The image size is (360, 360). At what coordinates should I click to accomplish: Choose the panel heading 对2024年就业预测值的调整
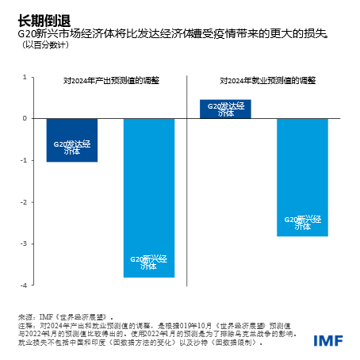268,80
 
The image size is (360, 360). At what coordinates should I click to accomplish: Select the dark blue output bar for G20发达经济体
72,140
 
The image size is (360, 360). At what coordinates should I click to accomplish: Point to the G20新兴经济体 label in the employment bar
302,223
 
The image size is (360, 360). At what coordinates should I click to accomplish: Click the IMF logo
328,341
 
